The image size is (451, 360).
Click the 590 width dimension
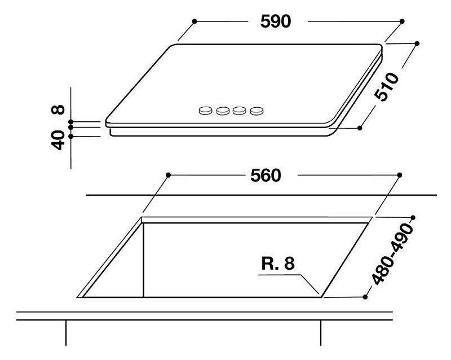(276, 21)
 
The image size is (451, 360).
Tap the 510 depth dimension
(387, 87)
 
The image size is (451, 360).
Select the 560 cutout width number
(266, 175)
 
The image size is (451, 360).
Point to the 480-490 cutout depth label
(392, 254)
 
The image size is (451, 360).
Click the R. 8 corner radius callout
(278, 264)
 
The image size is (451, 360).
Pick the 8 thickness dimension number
(58, 109)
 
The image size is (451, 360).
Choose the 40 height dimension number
(58, 141)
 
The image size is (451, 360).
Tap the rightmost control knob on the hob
(257, 111)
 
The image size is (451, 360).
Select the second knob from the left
(223, 111)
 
